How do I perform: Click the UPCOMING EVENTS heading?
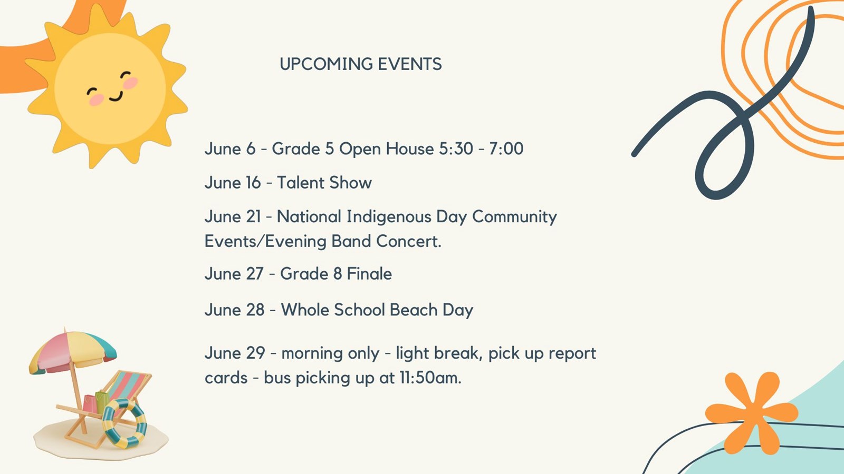click(361, 64)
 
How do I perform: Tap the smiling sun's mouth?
click(117, 96)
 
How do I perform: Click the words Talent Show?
click(324, 183)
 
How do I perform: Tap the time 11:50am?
click(430, 378)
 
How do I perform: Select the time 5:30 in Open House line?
click(456, 149)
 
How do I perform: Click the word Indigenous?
click(389, 217)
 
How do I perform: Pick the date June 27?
click(234, 274)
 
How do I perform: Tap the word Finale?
click(369, 274)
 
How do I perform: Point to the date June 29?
click(234, 353)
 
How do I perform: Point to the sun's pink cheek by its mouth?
click(97, 99)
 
